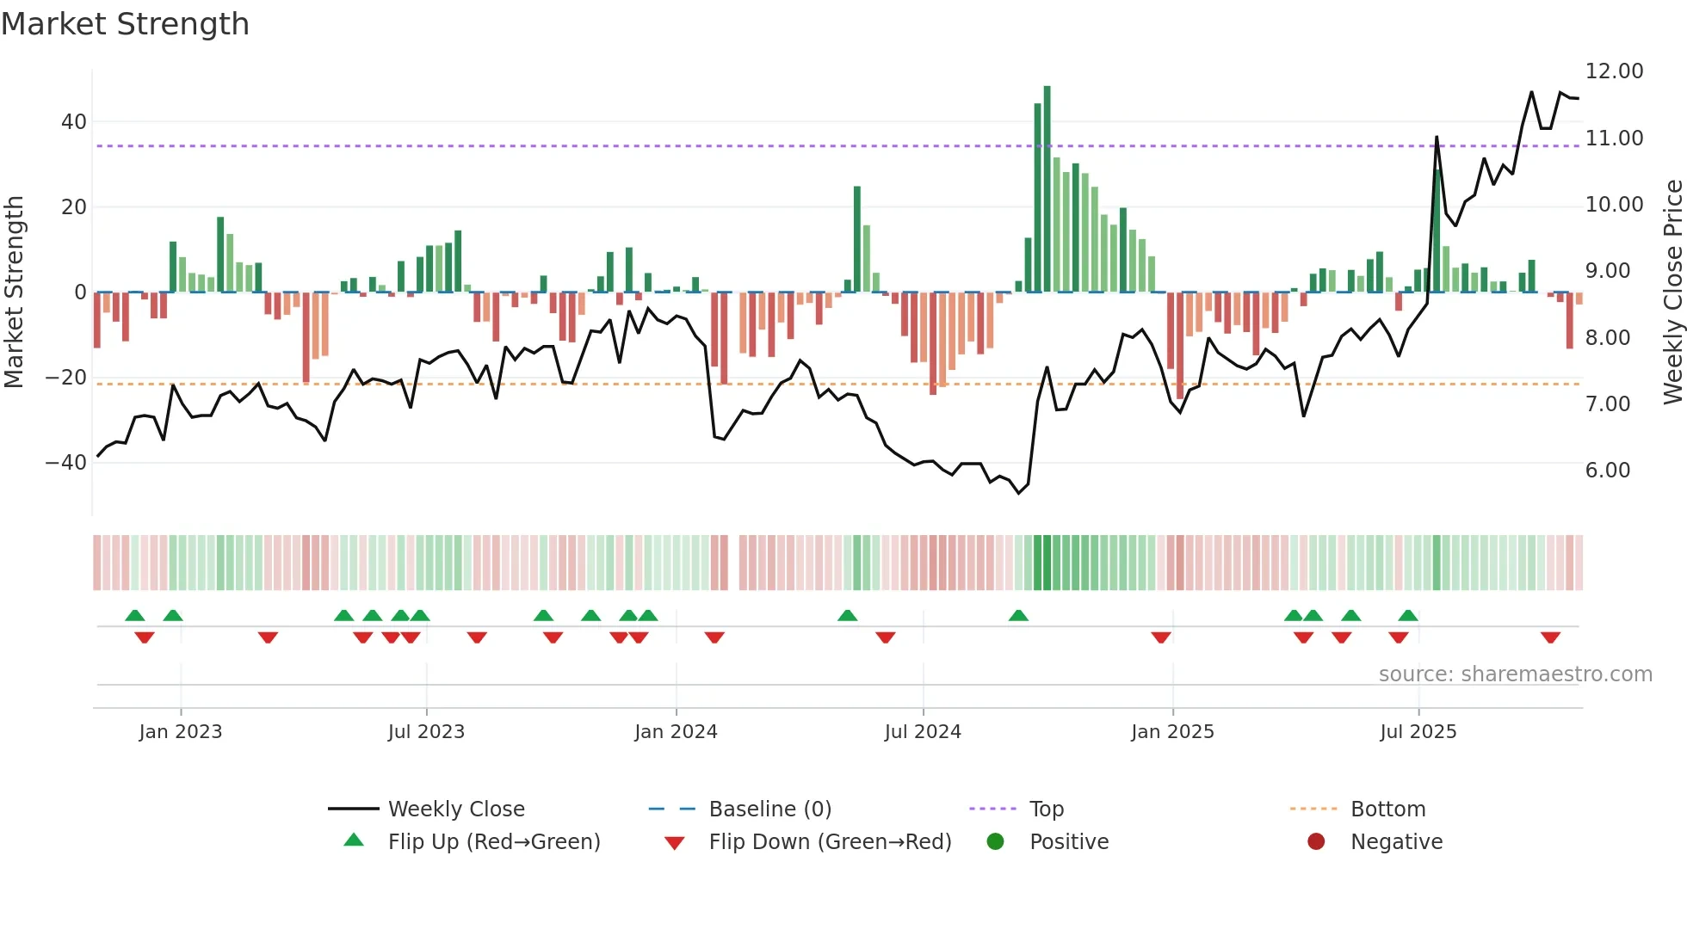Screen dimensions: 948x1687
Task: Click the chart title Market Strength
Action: pyautogui.click(x=125, y=24)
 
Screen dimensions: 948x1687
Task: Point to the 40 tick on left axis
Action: pyautogui.click(x=74, y=122)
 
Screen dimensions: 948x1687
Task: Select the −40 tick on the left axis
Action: pyautogui.click(x=66, y=463)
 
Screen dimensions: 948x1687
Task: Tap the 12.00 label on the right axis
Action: pyautogui.click(x=1614, y=71)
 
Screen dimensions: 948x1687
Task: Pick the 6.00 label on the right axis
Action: pyautogui.click(x=1607, y=471)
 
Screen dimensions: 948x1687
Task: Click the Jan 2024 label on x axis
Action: pyautogui.click(x=676, y=732)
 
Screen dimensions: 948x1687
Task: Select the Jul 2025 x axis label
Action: pyautogui.click(x=1418, y=732)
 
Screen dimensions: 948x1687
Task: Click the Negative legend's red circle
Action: pyautogui.click(x=1316, y=842)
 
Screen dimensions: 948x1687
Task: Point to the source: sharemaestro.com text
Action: pyautogui.click(x=1515, y=674)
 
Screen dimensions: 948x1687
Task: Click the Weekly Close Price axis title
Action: pyautogui.click(x=1672, y=292)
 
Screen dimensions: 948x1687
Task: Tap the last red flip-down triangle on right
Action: pyautogui.click(x=1550, y=637)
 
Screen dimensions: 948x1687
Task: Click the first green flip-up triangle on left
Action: pyautogui.click(x=135, y=615)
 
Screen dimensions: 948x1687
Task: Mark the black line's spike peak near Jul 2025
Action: pyautogui.click(x=1437, y=137)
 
